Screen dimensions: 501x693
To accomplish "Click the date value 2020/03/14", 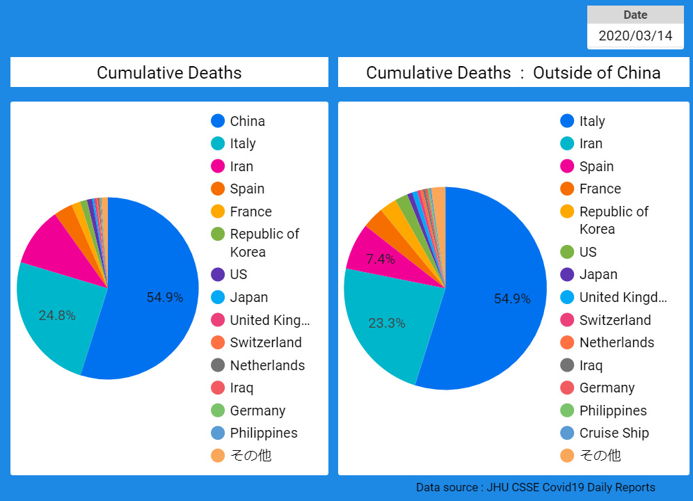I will [x=635, y=35].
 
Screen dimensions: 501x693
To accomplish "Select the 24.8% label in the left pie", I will [x=57, y=315].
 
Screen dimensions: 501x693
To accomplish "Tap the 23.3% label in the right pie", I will [x=386, y=323].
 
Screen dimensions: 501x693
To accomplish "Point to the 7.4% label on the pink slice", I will [x=381, y=260].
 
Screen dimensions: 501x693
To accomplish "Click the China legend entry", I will [x=247, y=121].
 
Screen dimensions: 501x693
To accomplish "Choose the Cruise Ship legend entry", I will [x=614, y=433].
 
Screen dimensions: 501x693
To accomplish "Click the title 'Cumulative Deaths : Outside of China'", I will [x=513, y=73].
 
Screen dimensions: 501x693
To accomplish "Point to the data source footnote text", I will [x=535, y=487].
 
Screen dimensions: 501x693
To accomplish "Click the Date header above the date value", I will [x=635, y=15].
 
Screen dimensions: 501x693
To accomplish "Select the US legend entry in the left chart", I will [x=239, y=274].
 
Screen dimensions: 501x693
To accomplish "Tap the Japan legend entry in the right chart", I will [x=598, y=274].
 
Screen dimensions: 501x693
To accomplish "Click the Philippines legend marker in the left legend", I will [x=218, y=433].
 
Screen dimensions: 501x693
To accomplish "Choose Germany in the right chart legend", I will [x=606, y=388].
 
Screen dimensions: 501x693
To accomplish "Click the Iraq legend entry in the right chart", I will [x=591, y=365].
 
